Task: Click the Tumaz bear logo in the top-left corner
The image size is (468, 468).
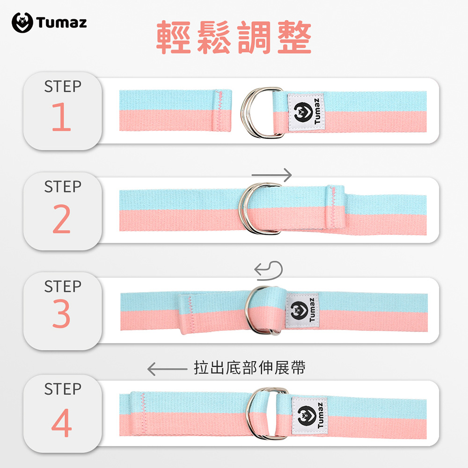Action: point(22,22)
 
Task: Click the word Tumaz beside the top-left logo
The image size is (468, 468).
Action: point(61,22)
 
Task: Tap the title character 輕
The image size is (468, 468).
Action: point(174,37)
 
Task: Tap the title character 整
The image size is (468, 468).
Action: point(294,37)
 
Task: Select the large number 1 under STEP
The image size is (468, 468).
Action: point(61,117)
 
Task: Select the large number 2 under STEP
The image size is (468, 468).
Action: point(61,219)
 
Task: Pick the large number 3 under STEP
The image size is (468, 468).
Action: point(61,314)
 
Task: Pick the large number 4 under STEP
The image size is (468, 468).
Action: point(61,423)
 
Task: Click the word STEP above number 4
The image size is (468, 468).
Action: point(63,389)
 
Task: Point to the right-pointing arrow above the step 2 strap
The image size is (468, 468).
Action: point(271,175)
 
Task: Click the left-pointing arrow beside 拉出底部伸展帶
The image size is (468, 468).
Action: point(167,369)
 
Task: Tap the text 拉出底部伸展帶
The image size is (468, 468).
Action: point(249,368)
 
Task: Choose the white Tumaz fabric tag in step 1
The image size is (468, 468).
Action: point(306,112)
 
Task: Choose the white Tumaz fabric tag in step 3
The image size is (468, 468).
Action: point(302,311)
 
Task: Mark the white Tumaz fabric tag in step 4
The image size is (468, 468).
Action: point(309,416)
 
